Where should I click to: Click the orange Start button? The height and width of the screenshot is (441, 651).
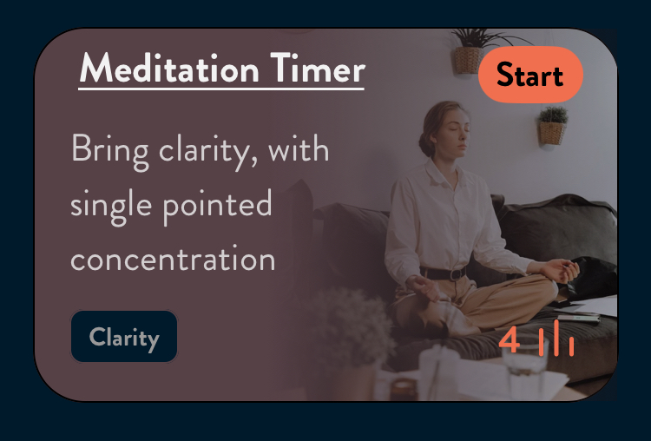coord(530,75)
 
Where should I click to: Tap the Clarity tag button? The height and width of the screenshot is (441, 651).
coord(124,337)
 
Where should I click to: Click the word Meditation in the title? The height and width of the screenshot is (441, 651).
coord(169,69)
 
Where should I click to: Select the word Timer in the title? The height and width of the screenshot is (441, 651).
coord(318,69)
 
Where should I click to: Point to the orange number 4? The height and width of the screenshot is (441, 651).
coord(510,340)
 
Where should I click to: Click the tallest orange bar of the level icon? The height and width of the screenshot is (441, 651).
coord(556,338)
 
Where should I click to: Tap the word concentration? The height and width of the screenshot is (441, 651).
coord(173,260)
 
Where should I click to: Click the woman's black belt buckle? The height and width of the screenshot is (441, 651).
coord(457,274)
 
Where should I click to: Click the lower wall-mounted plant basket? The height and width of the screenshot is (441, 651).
coord(552,133)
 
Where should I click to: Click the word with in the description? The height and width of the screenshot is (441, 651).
coord(299,148)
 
